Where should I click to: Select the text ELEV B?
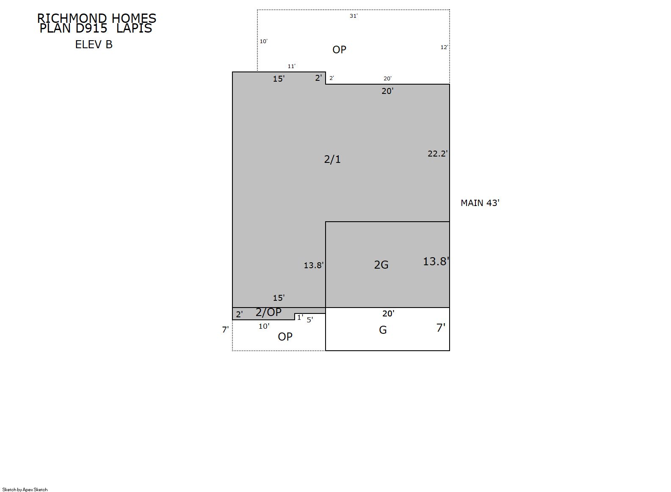point(94,44)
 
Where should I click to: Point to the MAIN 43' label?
point(480,203)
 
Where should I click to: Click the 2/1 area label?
point(332,159)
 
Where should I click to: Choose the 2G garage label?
point(381,265)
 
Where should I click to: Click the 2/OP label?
point(268,313)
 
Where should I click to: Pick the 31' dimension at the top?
point(354,16)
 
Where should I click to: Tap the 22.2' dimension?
point(438,154)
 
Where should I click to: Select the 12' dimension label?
point(445,47)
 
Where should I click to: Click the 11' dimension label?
point(291,66)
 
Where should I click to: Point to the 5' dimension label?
point(310,320)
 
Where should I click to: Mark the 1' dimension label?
point(300,317)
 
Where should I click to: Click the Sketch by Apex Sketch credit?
point(25,489)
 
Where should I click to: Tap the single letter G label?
point(383,330)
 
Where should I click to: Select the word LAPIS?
point(134,28)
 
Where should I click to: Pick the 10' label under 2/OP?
point(264,326)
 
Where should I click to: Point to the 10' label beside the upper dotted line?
point(264,41)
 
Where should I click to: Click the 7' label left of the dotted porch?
point(225,330)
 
